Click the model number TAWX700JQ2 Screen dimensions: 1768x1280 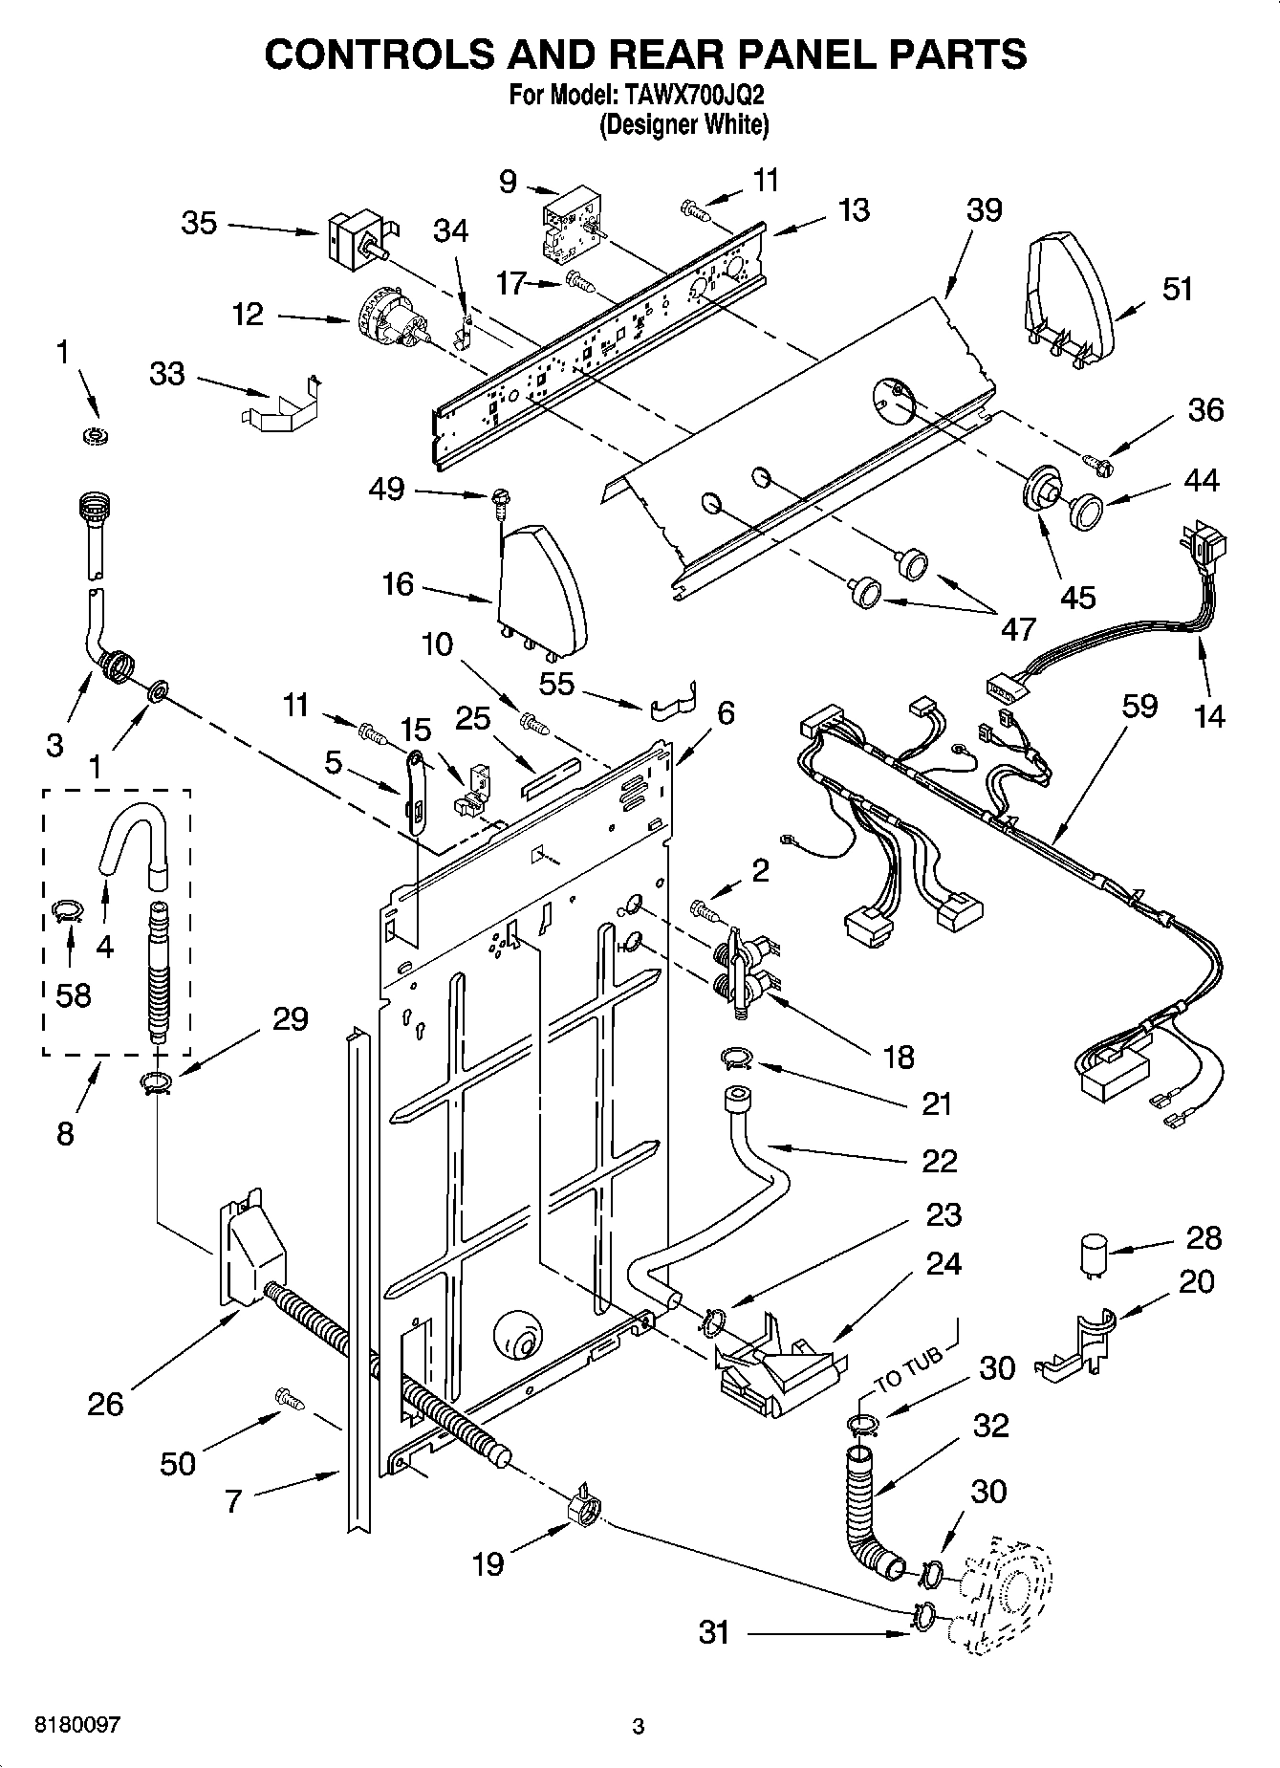coord(694,97)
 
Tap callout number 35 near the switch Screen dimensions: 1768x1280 coord(199,223)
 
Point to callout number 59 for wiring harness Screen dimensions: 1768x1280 coord(1139,707)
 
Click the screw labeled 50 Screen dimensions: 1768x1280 coord(290,1399)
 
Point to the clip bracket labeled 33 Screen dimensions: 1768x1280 coord(278,405)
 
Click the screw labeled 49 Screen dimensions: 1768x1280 coord(500,499)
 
